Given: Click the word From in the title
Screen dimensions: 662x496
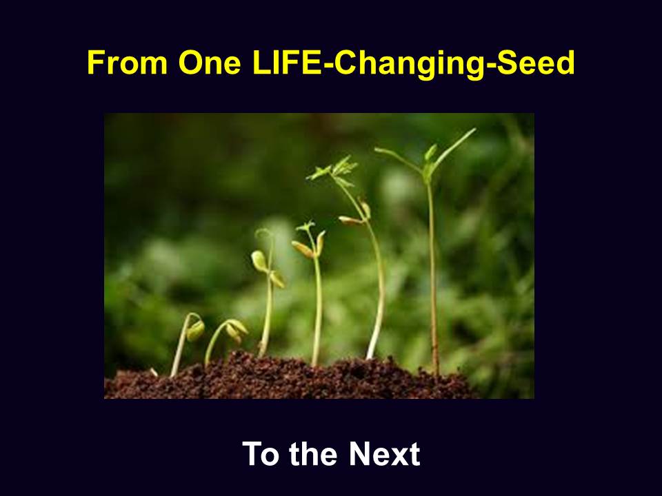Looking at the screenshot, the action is (x=127, y=63).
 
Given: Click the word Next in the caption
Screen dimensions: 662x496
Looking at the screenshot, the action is (x=384, y=454).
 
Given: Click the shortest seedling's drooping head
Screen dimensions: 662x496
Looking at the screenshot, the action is (x=195, y=329).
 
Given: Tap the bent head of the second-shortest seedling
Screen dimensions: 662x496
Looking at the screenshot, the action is (x=236, y=330).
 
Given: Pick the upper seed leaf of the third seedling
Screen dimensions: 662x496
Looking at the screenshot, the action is (x=259, y=260).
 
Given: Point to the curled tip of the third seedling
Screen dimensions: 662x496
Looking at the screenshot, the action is (x=263, y=234).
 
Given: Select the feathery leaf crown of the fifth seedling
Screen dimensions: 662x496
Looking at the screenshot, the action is (x=334, y=170).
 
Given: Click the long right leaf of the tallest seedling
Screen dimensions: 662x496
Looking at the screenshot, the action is (x=454, y=149).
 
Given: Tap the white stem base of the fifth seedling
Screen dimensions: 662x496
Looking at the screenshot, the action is (x=372, y=347).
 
